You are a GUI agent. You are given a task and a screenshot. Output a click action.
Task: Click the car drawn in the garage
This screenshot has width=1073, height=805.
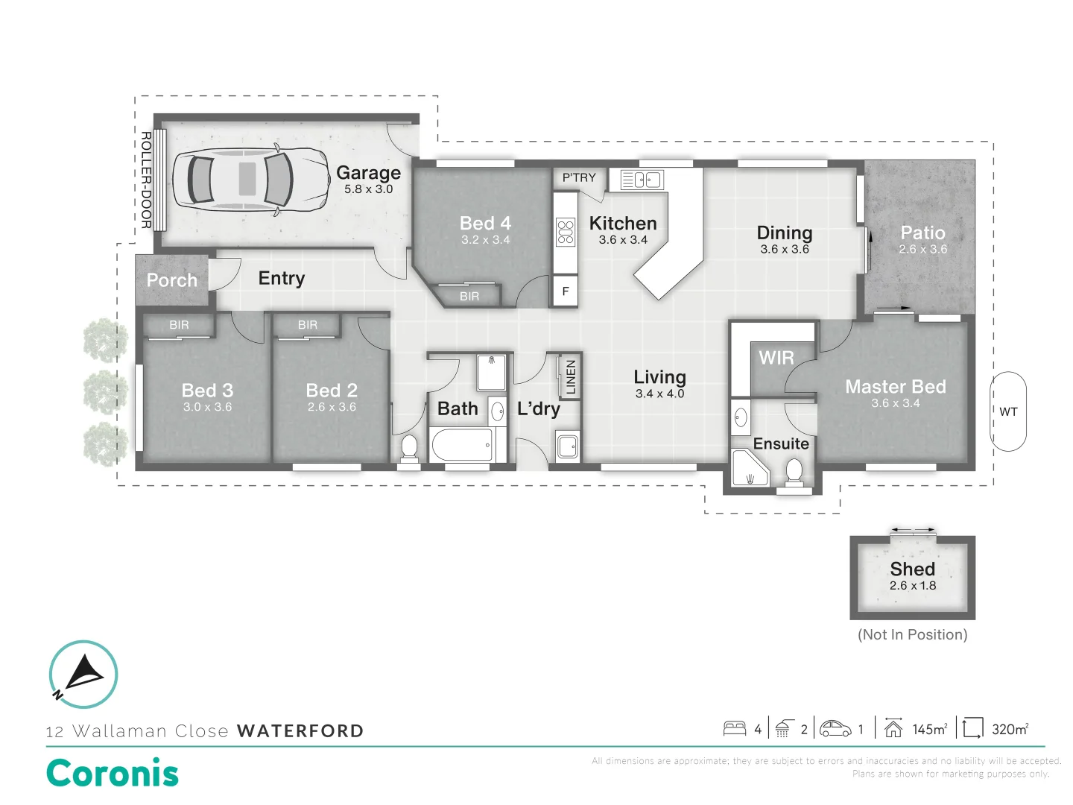(x=251, y=180)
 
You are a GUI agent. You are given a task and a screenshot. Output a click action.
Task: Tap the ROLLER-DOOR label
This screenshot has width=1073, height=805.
(x=146, y=180)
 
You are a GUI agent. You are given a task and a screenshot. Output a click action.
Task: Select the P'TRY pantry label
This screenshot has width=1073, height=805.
(x=579, y=177)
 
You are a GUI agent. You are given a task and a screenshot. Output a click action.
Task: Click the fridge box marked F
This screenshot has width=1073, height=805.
(x=566, y=291)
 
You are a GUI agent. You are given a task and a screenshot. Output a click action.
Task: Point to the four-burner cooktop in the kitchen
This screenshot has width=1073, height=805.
(x=566, y=232)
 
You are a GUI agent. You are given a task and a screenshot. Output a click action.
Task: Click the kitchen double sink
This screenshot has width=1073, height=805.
(x=642, y=180)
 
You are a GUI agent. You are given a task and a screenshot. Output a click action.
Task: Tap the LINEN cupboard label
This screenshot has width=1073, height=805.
(x=571, y=376)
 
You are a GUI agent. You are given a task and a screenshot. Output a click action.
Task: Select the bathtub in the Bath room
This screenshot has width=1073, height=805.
(x=462, y=445)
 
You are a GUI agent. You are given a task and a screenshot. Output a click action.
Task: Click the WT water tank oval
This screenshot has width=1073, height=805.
(x=1008, y=411)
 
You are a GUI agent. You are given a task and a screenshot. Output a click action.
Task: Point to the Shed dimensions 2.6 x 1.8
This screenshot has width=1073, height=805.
(x=912, y=586)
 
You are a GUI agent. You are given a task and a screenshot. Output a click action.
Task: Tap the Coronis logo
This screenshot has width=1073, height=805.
(x=113, y=773)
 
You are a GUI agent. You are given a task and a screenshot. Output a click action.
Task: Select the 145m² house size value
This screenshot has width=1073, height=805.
(x=929, y=729)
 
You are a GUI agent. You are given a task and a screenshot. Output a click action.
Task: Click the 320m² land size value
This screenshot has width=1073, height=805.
(x=1010, y=729)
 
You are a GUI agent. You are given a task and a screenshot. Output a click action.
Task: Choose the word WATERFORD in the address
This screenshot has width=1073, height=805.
(x=300, y=731)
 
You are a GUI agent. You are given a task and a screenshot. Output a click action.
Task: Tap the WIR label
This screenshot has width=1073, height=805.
(x=776, y=359)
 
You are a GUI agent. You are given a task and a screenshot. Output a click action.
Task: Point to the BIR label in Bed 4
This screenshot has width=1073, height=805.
(x=469, y=297)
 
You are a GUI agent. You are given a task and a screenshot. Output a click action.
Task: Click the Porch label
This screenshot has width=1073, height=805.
(x=172, y=280)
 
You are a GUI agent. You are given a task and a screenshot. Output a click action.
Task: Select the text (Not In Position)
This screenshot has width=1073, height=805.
(x=912, y=635)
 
